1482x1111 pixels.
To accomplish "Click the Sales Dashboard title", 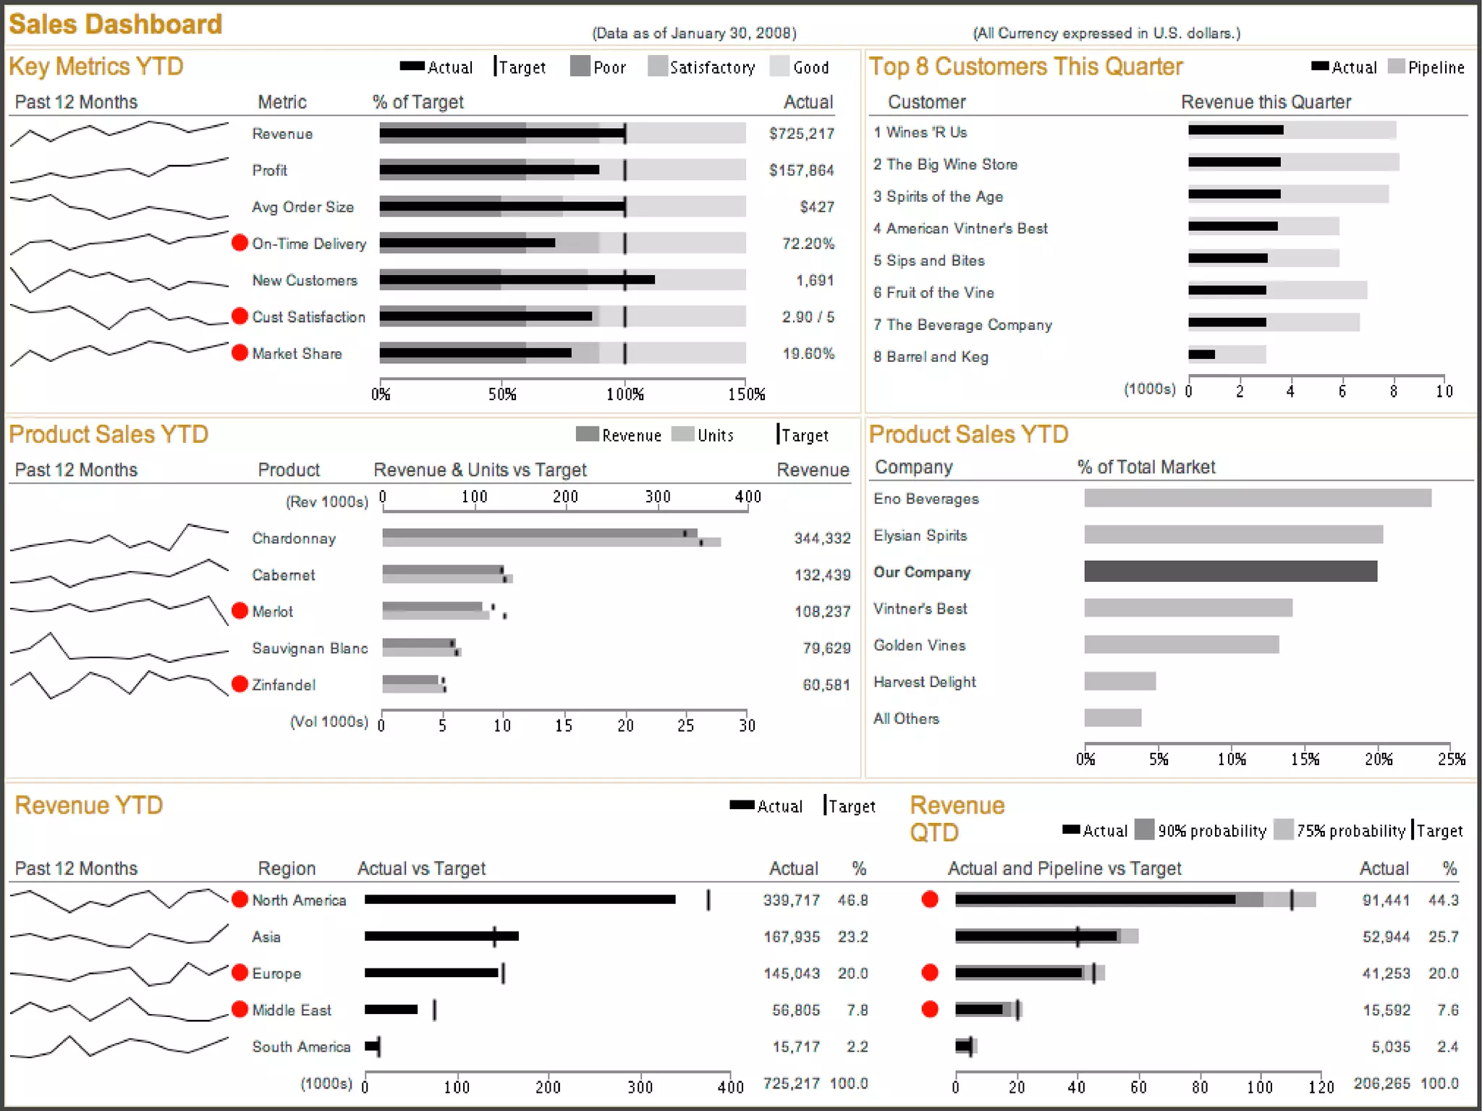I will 115,24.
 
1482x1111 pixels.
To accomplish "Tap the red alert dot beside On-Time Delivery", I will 240,243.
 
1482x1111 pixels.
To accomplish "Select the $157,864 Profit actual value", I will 801,170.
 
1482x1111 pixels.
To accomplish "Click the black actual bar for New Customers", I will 517,279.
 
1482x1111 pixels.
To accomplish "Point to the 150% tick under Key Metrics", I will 746,394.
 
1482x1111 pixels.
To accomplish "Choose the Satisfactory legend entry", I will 702,67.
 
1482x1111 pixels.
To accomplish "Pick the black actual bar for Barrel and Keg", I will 1201,354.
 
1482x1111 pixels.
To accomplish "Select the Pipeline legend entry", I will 1427,67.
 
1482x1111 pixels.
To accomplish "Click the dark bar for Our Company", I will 1230,571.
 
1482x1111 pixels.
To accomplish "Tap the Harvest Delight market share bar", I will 1119,681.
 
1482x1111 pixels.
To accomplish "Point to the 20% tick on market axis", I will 1378,759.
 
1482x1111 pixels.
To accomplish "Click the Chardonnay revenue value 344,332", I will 822,538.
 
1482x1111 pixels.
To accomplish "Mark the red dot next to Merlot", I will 240,611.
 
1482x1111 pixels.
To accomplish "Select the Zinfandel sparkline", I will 119,684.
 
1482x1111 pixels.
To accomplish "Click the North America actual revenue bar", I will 520,900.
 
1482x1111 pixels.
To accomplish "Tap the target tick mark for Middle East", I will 434,1010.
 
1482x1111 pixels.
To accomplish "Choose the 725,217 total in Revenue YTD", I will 791,1083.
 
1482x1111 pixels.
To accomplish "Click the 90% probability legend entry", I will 1201,830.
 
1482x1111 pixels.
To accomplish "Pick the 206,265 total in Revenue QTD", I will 1381,1083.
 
